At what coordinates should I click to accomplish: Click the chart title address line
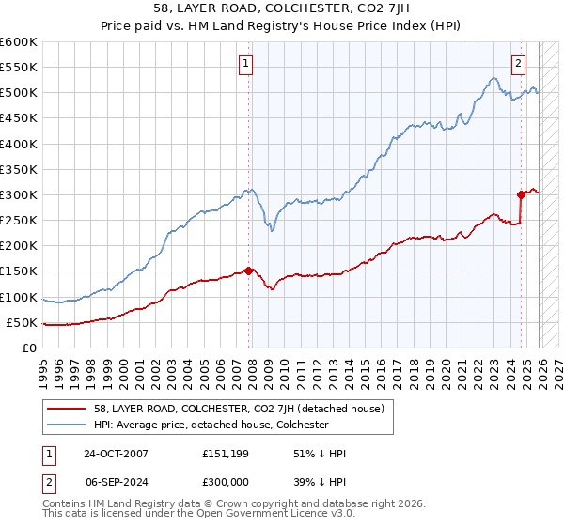[282, 8]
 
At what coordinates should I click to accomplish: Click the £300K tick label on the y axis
[19, 194]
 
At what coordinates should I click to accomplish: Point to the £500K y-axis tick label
[19, 92]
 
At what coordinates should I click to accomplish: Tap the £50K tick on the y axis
[22, 322]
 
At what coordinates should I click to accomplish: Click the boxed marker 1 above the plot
[245, 64]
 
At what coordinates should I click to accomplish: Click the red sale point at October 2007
[249, 271]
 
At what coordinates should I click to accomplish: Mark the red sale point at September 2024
[521, 194]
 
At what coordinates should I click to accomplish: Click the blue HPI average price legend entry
[211, 425]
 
